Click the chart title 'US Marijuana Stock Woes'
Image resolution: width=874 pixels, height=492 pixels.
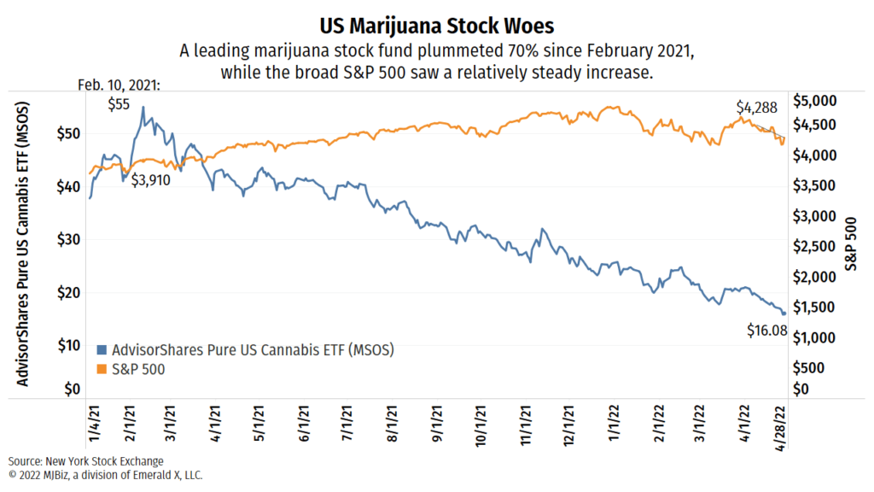437,23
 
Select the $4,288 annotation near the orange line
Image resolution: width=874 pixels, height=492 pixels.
757,108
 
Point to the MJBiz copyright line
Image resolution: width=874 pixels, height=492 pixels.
105,474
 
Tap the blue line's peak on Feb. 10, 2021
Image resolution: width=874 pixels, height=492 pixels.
143,108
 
